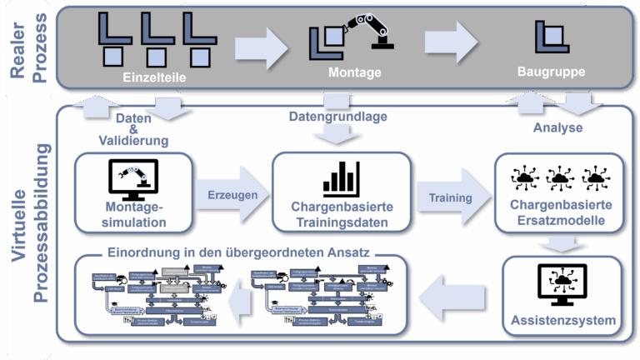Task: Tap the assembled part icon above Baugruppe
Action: click(550, 35)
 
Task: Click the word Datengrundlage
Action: click(338, 117)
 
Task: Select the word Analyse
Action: click(557, 128)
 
